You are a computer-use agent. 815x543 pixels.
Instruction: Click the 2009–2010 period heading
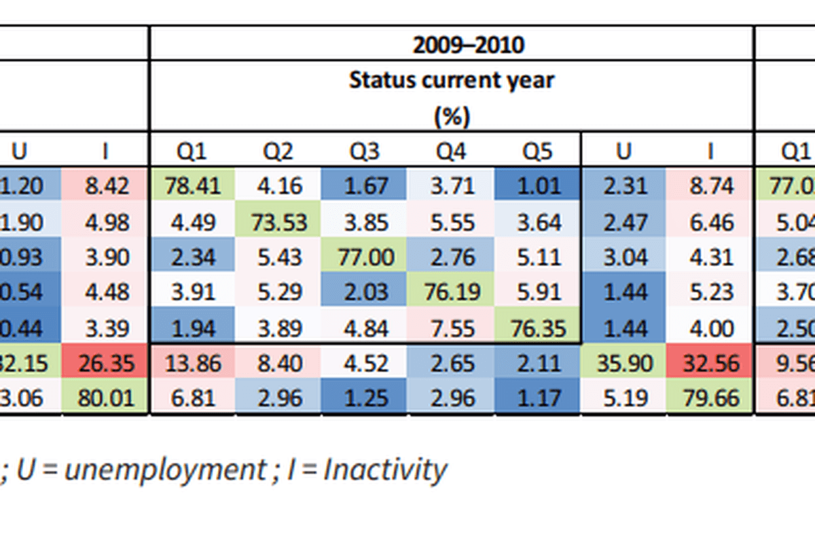[x=469, y=45]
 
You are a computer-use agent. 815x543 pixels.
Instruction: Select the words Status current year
[x=452, y=80]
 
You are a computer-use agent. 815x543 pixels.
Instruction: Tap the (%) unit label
[x=452, y=116]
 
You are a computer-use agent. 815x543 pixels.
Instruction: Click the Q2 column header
[x=278, y=151]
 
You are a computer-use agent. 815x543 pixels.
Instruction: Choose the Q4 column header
[x=451, y=151]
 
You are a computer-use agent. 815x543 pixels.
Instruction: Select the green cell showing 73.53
[x=278, y=221]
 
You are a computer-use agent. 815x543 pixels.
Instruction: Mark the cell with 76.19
[x=451, y=293]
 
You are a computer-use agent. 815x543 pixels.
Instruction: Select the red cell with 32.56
[x=710, y=363]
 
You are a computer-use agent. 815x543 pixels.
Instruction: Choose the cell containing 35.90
[x=623, y=363]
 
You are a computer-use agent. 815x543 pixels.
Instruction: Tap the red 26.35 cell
[x=105, y=363]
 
